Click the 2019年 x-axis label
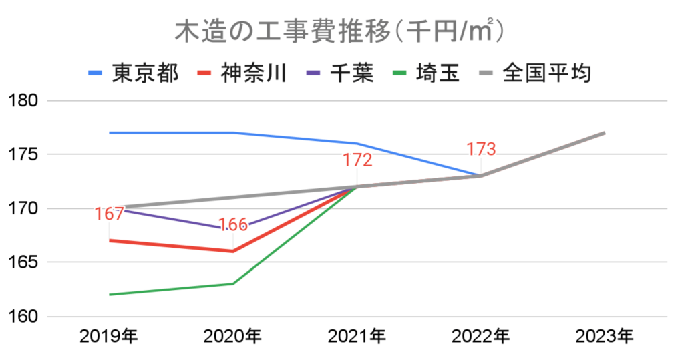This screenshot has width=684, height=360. tap(108, 337)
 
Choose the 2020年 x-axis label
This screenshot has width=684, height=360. tap(232, 337)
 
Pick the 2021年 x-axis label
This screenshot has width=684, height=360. tap(357, 337)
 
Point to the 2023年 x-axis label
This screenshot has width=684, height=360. tap(605, 337)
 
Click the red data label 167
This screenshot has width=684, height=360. tap(109, 214)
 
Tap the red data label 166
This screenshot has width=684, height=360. tap(232, 225)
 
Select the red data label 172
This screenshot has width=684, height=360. tap(357, 160)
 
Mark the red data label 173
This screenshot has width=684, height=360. tap(481, 149)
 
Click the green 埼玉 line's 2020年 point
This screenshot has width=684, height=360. tap(232, 284)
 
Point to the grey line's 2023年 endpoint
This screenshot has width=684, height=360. tap(605, 133)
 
